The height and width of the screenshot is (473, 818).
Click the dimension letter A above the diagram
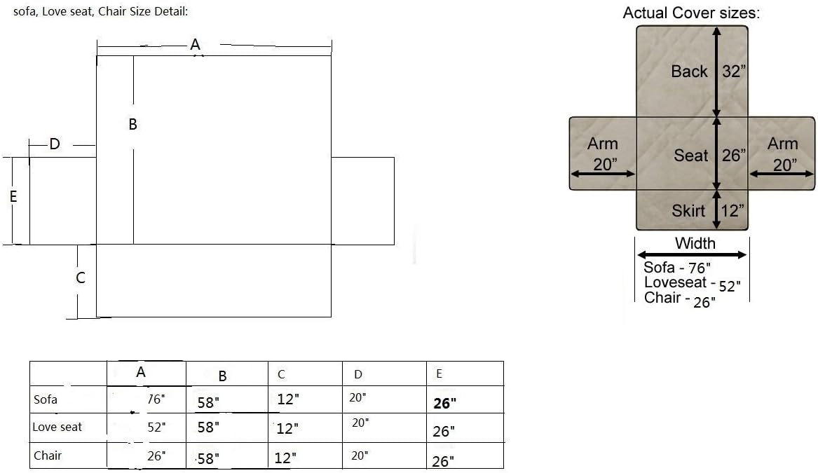point(195,45)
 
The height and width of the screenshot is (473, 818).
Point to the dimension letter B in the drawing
point(132,124)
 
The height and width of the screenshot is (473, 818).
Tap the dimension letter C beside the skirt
point(81,277)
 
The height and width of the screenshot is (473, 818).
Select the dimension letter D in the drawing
point(54,144)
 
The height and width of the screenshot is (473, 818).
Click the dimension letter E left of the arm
point(13,197)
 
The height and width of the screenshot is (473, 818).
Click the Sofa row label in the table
point(46,399)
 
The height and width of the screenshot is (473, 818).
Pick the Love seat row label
point(57,427)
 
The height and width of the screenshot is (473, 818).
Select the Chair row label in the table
point(48,455)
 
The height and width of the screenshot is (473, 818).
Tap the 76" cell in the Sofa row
point(156,399)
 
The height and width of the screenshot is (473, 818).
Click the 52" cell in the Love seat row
point(156,427)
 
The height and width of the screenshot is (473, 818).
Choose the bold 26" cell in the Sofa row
point(444,403)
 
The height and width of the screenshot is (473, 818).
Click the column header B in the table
point(222,376)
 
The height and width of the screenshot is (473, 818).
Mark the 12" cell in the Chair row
point(285,458)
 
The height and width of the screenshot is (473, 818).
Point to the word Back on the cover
point(689,71)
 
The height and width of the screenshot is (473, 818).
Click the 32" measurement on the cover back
point(733,71)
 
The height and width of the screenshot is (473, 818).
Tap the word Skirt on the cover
point(688,211)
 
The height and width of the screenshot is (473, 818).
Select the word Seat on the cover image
point(690,155)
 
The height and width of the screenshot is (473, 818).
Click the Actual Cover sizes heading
point(691,13)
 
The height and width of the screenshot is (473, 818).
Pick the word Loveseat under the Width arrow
point(676,282)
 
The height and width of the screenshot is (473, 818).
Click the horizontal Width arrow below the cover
point(692,255)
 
